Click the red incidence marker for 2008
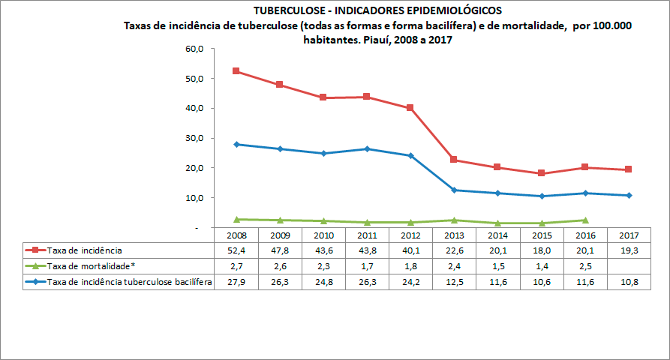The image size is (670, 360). click(236, 71)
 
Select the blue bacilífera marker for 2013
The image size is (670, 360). click(455, 190)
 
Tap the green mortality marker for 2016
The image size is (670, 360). click(586, 220)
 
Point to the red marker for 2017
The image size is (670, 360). click(629, 169)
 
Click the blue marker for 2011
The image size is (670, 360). click(367, 148)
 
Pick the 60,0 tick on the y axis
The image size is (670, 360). click(194, 49)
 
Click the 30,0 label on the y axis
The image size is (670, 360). click(194, 139)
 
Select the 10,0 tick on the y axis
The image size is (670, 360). click(194, 198)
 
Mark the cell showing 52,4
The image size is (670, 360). click(236, 250)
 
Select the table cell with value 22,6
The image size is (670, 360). click(454, 250)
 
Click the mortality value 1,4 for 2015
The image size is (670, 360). click(542, 265)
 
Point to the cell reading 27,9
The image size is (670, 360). click(236, 282)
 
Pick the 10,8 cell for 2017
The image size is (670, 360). click(629, 282)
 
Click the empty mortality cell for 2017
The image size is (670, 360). click(629, 265)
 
